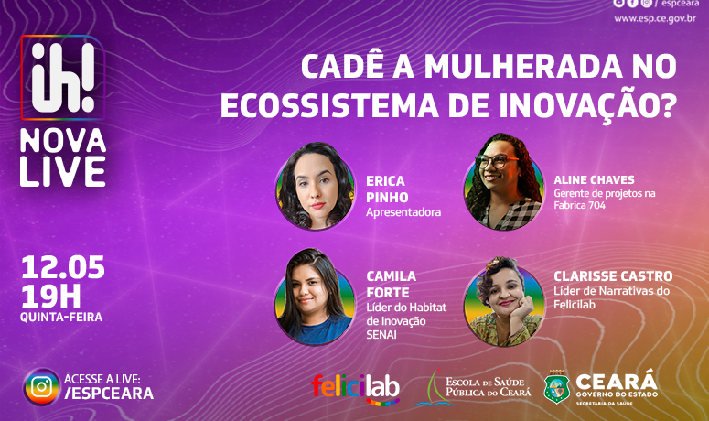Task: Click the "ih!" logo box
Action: [x=63, y=77]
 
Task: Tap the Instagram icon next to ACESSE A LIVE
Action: [x=41, y=387]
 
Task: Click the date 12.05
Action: [x=63, y=267]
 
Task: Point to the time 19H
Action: [x=50, y=297]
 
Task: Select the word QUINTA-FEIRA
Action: [x=61, y=317]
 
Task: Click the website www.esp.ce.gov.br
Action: [x=655, y=18]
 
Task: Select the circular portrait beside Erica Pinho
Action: [x=315, y=187]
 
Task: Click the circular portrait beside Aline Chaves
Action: [x=504, y=182]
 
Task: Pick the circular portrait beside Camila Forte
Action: [x=315, y=297]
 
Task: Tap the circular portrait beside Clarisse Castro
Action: [x=504, y=302]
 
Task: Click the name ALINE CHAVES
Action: [x=594, y=180]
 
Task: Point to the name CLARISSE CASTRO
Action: [x=613, y=276]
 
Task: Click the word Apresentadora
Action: [x=403, y=212]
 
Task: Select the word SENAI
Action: [x=381, y=335]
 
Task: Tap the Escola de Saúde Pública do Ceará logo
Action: [x=473, y=388]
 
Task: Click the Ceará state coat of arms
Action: [x=556, y=387]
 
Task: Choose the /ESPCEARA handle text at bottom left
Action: [x=109, y=394]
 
